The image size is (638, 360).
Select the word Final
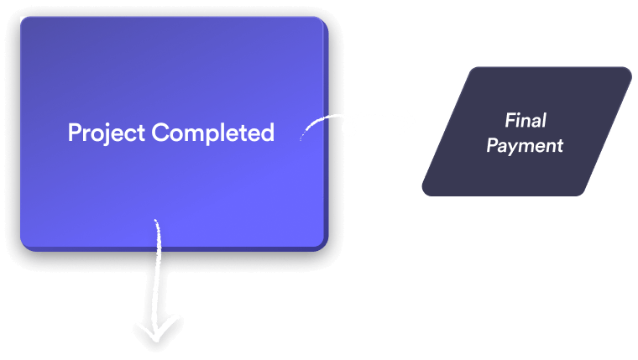(x=526, y=120)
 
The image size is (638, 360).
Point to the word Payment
(x=525, y=145)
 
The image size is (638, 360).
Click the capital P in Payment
(x=492, y=145)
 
